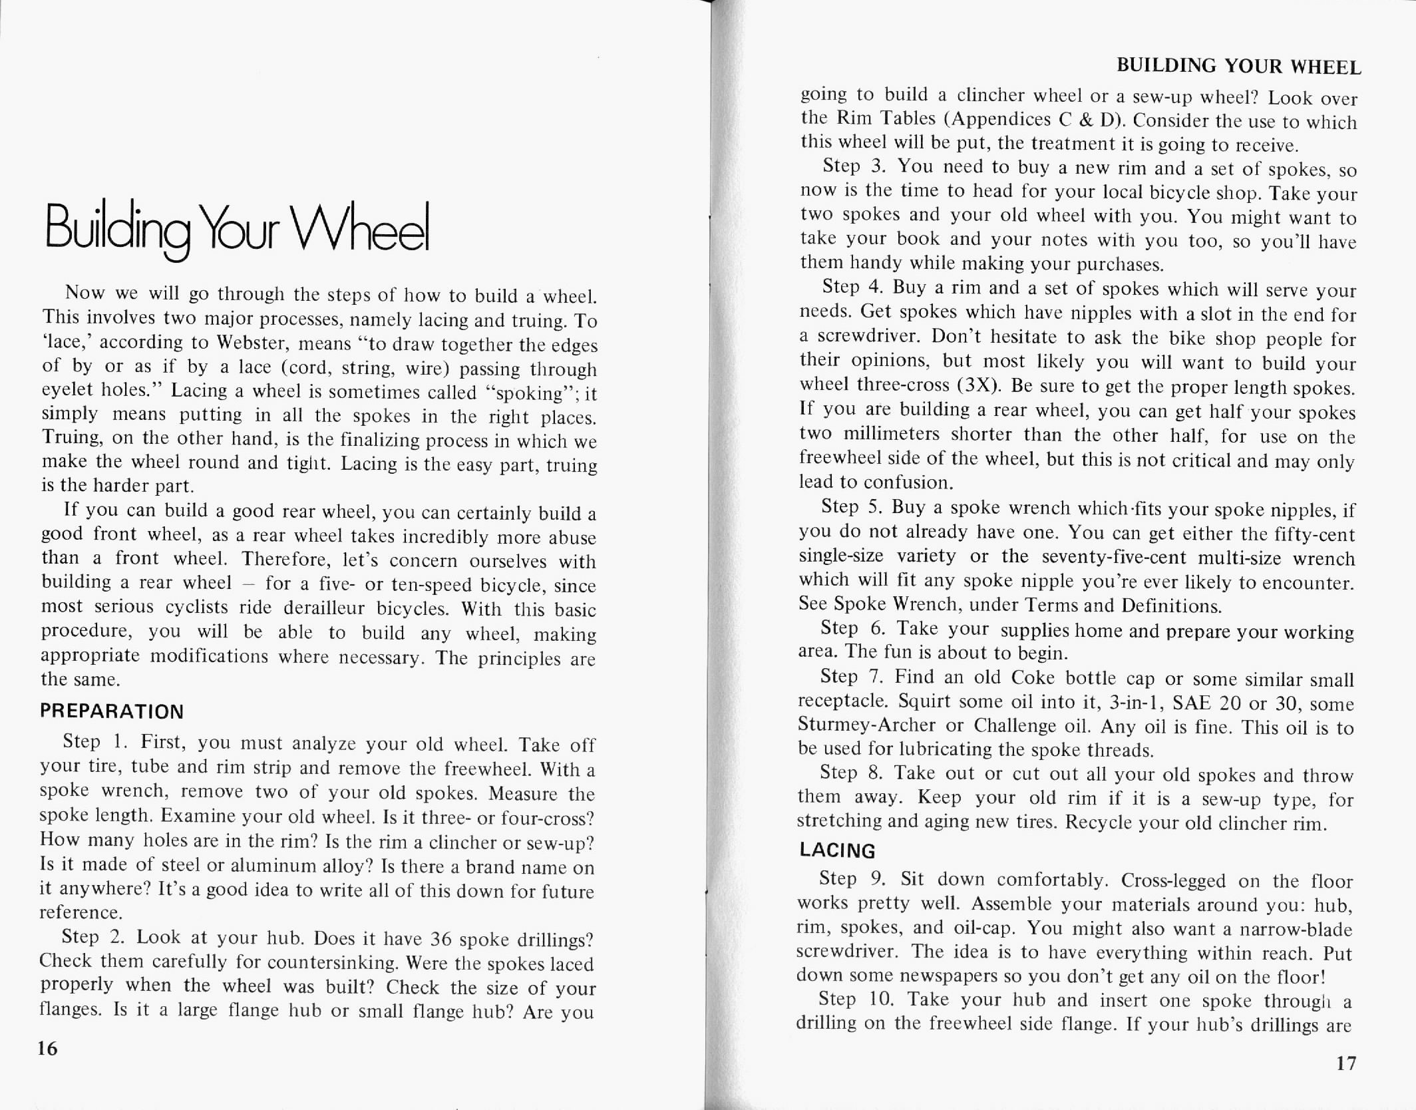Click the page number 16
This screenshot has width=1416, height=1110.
click(x=49, y=1049)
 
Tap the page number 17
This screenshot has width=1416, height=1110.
click(x=1345, y=1063)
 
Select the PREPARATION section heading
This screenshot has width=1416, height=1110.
click(x=112, y=711)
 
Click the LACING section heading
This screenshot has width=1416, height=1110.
click(x=837, y=850)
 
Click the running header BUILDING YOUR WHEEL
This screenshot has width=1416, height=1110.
click(x=1238, y=66)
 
